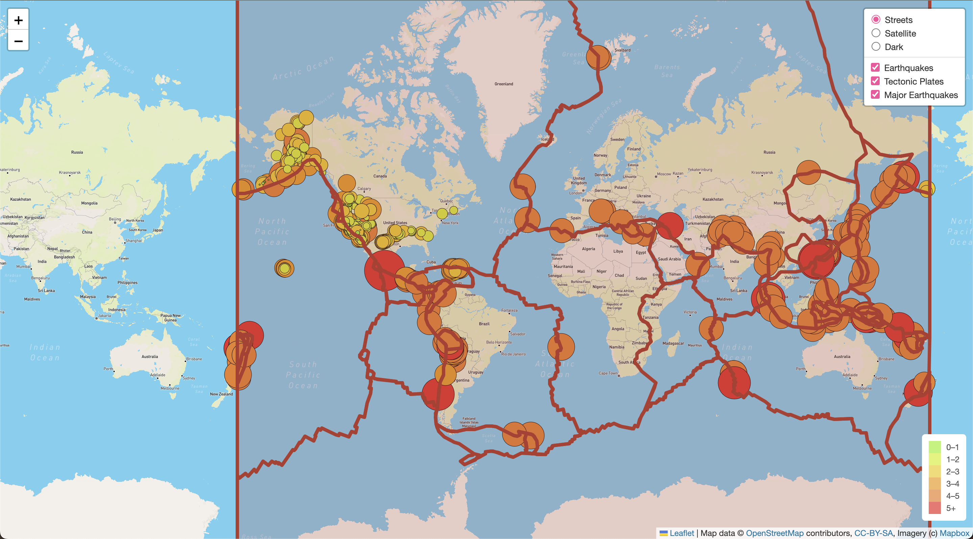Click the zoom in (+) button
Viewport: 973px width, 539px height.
[18, 20]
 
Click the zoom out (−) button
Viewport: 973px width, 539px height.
[18, 41]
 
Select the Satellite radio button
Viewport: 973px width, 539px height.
[876, 33]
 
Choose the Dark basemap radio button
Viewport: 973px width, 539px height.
[876, 47]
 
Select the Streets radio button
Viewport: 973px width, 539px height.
[876, 20]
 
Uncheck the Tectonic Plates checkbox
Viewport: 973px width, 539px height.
[875, 81]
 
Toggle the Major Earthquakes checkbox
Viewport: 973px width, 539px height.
[875, 95]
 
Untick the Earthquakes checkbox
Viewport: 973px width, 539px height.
[875, 68]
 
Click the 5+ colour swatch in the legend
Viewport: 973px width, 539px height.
[934, 508]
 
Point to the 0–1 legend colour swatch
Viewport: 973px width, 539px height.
[934, 447]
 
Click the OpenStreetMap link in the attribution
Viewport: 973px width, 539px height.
[774, 533]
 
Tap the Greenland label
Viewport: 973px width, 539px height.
[503, 84]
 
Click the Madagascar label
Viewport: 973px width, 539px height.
[673, 343]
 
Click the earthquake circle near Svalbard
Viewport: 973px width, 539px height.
[598, 57]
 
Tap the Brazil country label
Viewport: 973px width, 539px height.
[484, 324]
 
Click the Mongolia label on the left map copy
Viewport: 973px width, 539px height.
[89, 203]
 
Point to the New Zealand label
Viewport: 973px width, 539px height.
[221, 394]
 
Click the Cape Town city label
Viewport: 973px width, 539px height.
[608, 373]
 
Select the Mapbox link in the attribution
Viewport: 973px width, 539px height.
[954, 533]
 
